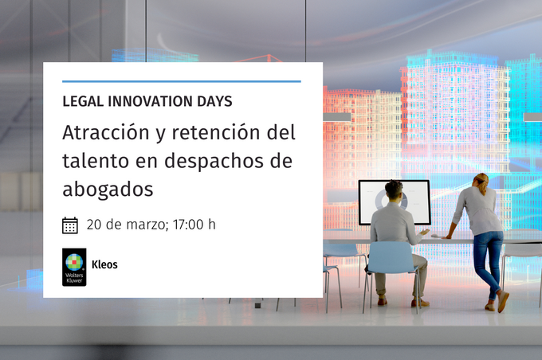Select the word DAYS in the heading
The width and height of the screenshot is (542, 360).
tap(214, 101)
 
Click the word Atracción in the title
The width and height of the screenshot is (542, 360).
tap(106, 132)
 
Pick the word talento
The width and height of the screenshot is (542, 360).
tap(96, 161)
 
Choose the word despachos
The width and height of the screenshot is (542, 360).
tap(214, 162)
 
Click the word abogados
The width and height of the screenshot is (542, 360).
tap(108, 190)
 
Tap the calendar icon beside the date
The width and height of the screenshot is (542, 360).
tap(70, 225)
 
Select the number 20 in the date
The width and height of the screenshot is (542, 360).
tap(94, 225)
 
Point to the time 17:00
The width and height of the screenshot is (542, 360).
tap(188, 225)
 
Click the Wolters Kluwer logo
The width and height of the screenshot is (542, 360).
tap(74, 267)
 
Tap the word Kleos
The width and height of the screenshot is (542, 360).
tap(104, 264)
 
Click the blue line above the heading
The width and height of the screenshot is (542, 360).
tap(182, 81)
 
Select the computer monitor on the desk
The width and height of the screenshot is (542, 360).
tap(394, 202)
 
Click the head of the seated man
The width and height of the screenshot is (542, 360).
tap(394, 190)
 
